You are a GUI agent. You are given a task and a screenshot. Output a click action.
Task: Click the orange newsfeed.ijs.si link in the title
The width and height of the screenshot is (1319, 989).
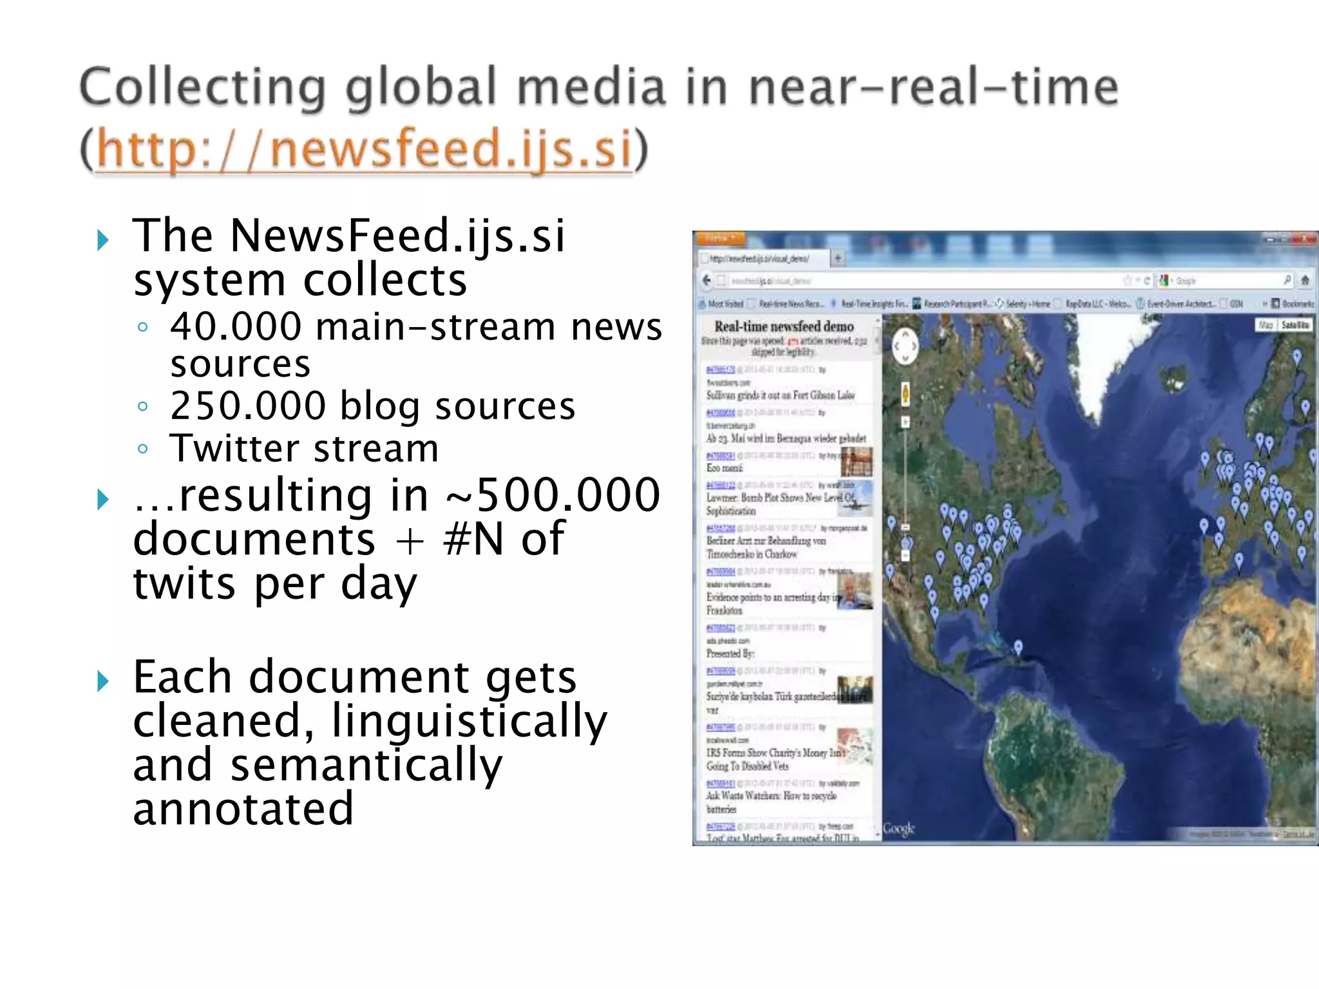pyautogui.click(x=364, y=149)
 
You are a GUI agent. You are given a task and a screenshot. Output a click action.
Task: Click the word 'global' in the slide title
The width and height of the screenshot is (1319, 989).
pyautogui.click(x=421, y=88)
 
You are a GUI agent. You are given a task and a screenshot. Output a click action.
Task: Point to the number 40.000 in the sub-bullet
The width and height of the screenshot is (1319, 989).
pyautogui.click(x=236, y=326)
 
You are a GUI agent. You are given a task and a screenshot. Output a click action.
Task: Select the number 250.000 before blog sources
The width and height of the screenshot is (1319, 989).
pyautogui.click(x=248, y=406)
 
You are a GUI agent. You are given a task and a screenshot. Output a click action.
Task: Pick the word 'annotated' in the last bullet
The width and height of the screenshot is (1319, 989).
pyautogui.click(x=243, y=809)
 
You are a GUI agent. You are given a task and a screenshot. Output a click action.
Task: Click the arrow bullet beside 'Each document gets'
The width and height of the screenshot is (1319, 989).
pyautogui.click(x=103, y=681)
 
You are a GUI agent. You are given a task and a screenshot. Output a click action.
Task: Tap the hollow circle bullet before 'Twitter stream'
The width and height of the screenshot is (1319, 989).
pyautogui.click(x=143, y=449)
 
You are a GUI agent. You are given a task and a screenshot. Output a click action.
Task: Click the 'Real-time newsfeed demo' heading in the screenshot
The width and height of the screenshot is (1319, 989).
pyautogui.click(x=784, y=326)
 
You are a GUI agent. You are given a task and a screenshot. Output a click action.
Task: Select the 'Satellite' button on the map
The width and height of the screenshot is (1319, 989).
pyautogui.click(x=1295, y=325)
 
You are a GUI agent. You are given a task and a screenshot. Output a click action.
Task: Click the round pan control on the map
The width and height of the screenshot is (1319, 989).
pyautogui.click(x=905, y=346)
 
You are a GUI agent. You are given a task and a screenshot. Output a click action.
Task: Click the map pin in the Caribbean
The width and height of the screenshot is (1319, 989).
pyautogui.click(x=1018, y=646)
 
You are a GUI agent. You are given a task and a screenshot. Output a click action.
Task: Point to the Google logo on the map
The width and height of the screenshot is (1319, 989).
pyautogui.click(x=898, y=828)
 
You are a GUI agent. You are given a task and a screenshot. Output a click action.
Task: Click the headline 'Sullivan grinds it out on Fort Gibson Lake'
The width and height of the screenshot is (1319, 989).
pyautogui.click(x=780, y=395)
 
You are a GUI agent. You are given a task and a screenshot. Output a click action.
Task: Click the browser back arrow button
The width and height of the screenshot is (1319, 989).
pyautogui.click(x=707, y=280)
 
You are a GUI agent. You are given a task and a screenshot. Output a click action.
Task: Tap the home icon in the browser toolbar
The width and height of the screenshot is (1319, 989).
pyautogui.click(x=1305, y=280)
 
